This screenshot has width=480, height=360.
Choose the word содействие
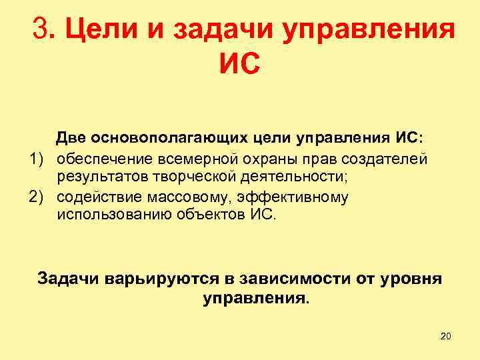(x=97, y=198)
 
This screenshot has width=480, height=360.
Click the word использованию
(x=109, y=217)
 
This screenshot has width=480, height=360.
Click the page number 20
(x=446, y=336)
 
